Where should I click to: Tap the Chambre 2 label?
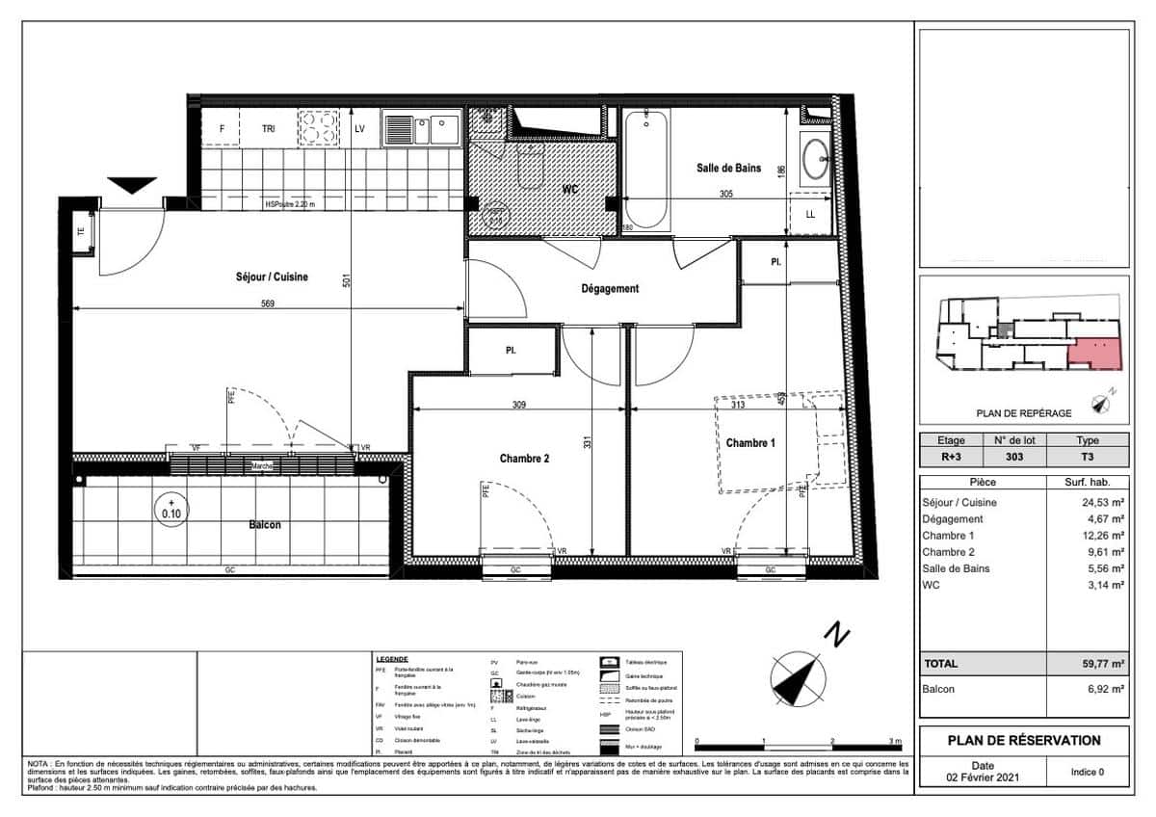tap(524, 460)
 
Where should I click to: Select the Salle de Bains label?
tap(728, 169)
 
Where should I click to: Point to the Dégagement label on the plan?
tap(609, 289)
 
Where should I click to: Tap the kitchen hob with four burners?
tap(319, 127)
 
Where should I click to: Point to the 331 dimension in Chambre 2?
tap(586, 442)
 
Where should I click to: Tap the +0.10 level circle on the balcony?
tap(171, 508)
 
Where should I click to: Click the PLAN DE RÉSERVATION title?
tap(1024, 741)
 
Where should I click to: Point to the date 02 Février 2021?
tap(980, 777)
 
